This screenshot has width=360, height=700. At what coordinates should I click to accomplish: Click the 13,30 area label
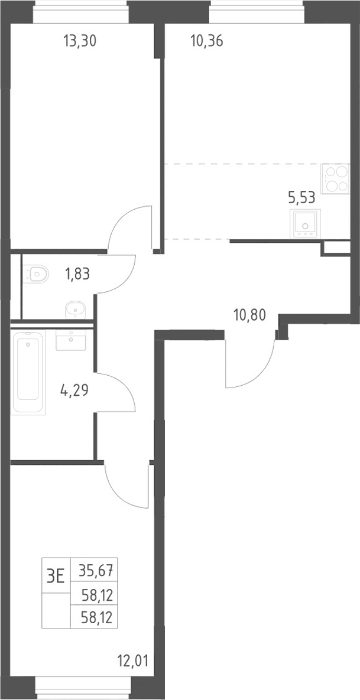(80, 41)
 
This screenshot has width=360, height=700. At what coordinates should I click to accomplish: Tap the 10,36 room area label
(206, 41)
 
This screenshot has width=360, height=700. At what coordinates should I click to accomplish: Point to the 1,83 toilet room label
(77, 274)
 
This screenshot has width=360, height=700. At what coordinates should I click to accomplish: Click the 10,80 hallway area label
(249, 315)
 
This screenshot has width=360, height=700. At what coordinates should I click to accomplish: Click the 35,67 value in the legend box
(95, 570)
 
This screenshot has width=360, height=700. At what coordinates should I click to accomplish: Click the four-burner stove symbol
(335, 178)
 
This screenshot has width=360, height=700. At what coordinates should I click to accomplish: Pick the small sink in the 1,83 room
(76, 310)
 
